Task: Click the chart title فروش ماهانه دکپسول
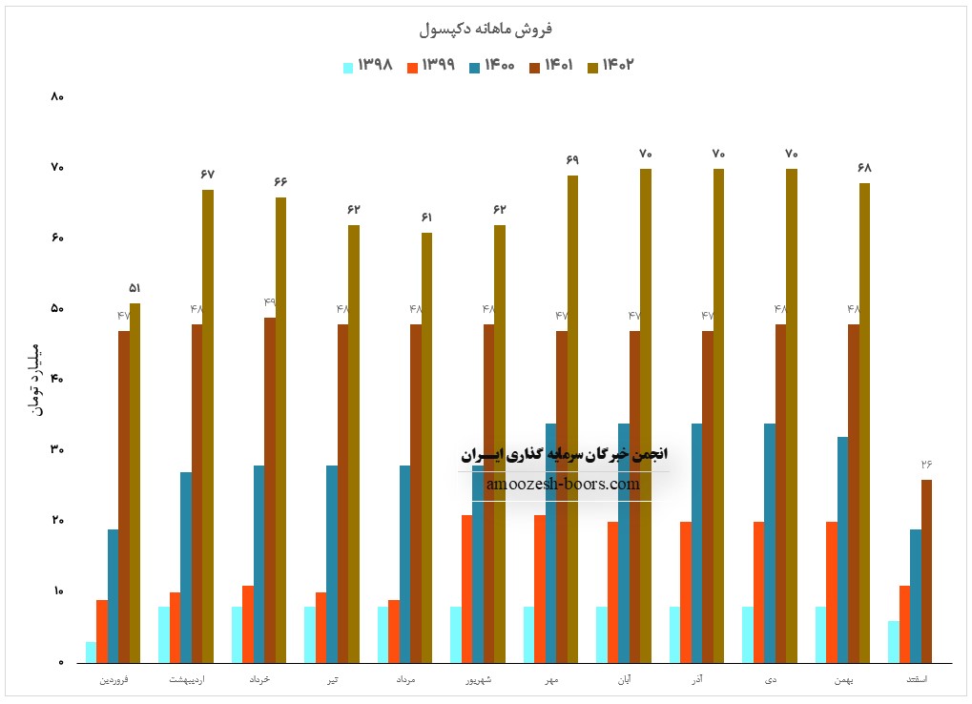(486, 29)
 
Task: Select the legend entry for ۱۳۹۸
(368, 66)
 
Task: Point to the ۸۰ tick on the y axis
(56, 97)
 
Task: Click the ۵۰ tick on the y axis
(56, 309)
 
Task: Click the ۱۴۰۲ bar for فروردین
(135, 483)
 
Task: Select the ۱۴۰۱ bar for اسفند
(926, 570)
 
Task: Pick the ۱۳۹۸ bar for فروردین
(91, 652)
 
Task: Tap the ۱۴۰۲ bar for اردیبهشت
(208, 425)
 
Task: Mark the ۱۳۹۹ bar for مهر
(540, 589)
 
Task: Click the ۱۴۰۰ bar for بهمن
(842, 549)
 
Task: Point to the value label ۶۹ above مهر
(572, 160)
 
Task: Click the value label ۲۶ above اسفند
(926, 465)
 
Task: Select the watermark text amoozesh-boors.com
(563, 485)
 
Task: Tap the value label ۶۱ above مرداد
(426, 217)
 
